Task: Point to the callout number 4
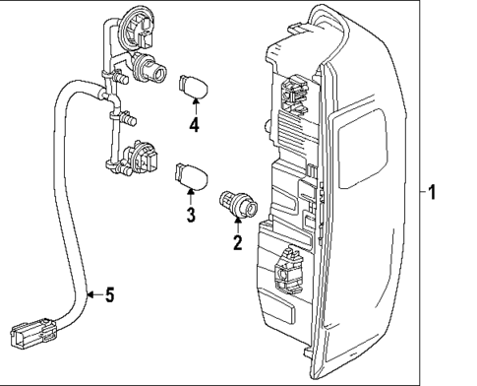(195, 124)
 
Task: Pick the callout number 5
(110, 293)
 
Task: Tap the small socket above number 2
(239, 204)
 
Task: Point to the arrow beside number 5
(91, 293)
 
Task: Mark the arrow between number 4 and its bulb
(195, 106)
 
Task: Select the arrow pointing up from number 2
(237, 227)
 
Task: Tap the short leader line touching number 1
(419, 192)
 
